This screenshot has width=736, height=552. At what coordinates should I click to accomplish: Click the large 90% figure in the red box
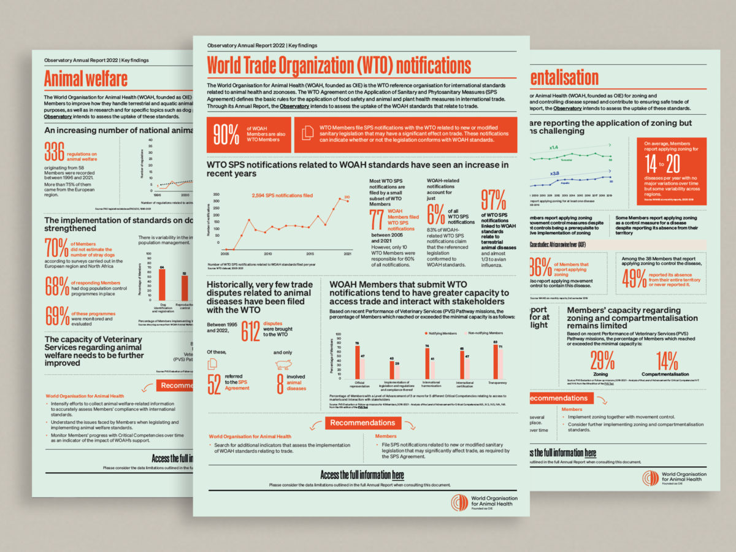(x=226, y=136)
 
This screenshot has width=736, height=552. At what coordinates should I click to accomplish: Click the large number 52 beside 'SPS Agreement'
(x=215, y=384)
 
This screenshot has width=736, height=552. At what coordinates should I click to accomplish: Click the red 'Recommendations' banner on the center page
(x=363, y=423)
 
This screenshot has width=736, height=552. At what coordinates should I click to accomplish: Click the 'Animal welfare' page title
(x=86, y=79)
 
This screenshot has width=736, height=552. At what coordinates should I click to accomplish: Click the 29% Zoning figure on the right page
(x=601, y=360)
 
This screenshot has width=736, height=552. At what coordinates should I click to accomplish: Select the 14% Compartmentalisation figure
(x=667, y=360)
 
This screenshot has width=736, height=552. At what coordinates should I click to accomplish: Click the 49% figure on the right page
(x=633, y=278)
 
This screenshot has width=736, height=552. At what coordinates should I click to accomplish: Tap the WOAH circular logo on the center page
(x=458, y=502)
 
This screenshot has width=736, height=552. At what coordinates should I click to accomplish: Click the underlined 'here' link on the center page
(x=397, y=475)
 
